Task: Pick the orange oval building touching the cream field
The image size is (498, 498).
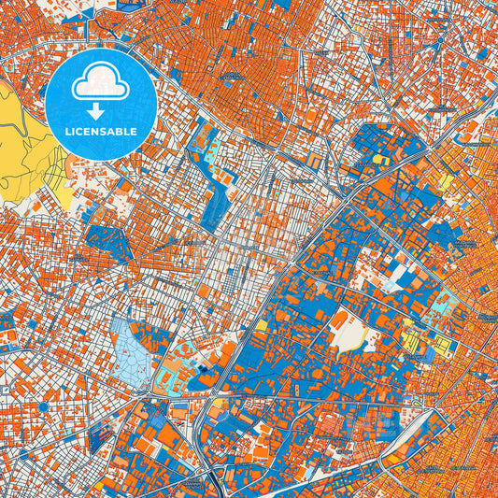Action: (339, 320)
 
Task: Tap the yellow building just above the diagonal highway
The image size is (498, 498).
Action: (379, 160)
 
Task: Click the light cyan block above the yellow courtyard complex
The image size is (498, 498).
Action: (440, 305)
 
